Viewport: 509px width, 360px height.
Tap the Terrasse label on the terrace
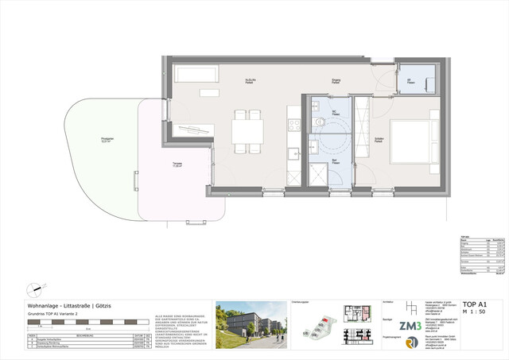pyautogui.click(x=176, y=165)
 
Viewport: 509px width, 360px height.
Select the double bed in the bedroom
pyautogui.click(x=411, y=141)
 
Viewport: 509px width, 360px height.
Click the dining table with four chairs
pyautogui.click(x=247, y=130)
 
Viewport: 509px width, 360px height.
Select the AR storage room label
pyautogui.click(x=410, y=79)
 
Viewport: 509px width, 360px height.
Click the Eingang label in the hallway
pyautogui.click(x=336, y=80)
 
